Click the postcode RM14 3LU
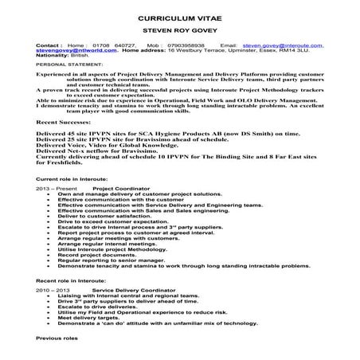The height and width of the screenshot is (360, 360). (296, 51)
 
